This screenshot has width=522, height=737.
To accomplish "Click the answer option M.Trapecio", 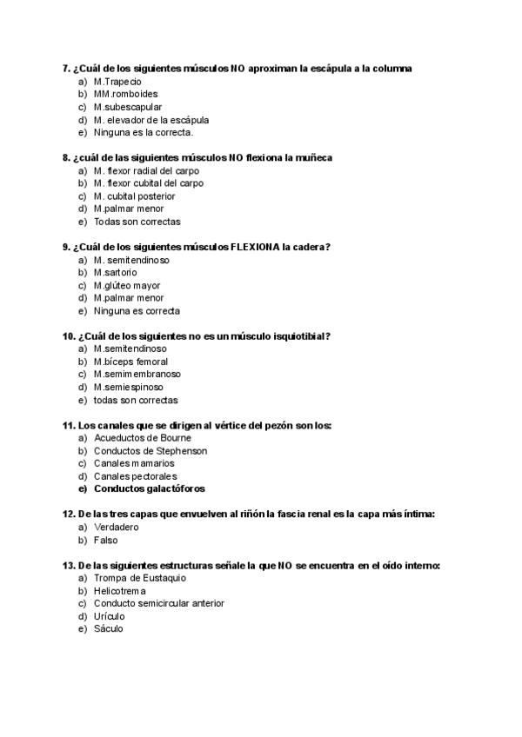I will [x=117, y=81].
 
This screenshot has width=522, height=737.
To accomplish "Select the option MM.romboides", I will [x=125, y=94].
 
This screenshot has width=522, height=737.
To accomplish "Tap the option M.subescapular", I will [x=128, y=107].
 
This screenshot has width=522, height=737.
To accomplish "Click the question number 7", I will [x=66, y=68].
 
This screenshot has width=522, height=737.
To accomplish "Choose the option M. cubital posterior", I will [x=134, y=196].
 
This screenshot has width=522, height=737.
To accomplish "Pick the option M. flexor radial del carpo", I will [x=145, y=171].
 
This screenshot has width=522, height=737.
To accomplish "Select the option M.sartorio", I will [x=115, y=273].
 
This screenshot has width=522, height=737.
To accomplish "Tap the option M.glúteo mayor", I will [x=127, y=286].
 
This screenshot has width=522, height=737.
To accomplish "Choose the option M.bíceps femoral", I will [x=130, y=362].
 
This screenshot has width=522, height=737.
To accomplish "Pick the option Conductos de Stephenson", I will [x=151, y=451].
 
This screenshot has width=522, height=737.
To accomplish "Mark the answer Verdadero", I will [x=116, y=528].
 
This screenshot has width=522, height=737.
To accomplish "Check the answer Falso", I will [x=105, y=540].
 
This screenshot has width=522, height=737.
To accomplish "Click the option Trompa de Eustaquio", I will [x=139, y=578].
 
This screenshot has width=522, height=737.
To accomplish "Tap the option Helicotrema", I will [x=120, y=591].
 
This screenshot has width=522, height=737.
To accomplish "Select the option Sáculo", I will [x=109, y=628].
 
